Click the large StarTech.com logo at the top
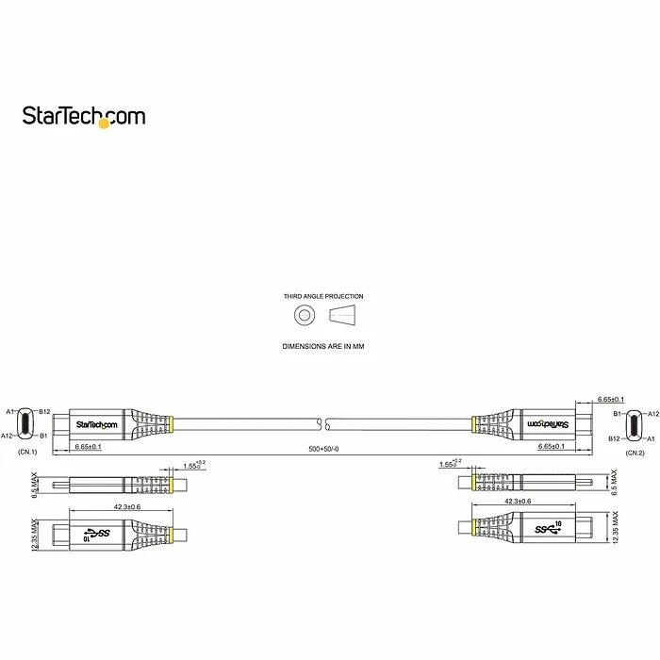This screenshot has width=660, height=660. point(84,116)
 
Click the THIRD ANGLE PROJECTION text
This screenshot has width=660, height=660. point(323,296)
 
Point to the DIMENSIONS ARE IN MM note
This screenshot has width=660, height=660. point(323,347)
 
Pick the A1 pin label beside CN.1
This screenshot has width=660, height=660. point(9,411)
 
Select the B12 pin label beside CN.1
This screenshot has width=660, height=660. point(44,411)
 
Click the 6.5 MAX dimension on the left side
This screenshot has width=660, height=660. point(36,485)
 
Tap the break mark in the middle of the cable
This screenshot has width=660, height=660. point(323,423)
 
